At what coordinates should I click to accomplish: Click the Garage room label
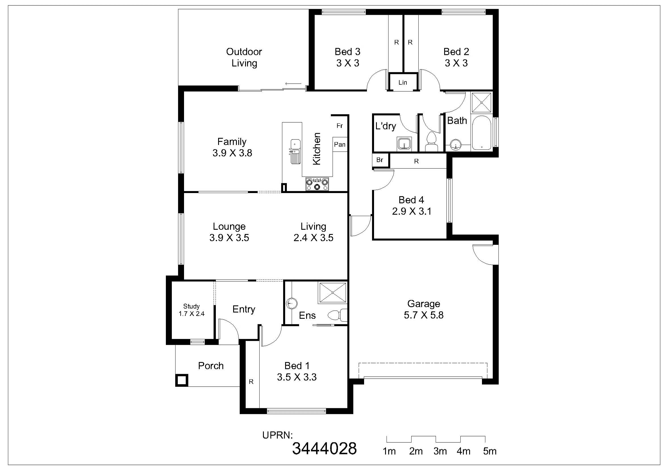pos(424,304)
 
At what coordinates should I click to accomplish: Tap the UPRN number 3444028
pos(325,449)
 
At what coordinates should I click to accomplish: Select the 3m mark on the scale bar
pos(440,451)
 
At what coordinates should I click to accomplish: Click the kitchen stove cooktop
pos(317,184)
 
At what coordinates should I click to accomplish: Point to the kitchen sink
pos(295,152)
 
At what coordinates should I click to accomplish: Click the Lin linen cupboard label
pos(402,82)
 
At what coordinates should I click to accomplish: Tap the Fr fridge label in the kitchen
pos(339,126)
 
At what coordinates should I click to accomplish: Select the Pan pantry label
pos(340,144)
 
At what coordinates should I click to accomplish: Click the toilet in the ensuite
pos(337,315)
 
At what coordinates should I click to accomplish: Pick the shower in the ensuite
pos(333,293)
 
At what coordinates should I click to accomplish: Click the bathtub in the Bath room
pos(481,133)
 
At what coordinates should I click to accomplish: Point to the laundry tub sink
pos(404,144)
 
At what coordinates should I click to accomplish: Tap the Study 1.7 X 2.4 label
pos(191,310)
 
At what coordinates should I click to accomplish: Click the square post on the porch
pos(181,380)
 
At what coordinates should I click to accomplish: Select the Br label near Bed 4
pos(380,160)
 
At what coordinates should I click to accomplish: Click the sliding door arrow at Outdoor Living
pos(293,84)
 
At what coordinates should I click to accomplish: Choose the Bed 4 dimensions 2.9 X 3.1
pos(412,211)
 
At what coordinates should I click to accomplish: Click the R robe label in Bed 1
pos(251,382)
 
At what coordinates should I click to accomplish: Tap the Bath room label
pos(457,121)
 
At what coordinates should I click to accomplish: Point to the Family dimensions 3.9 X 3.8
pos(232,153)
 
